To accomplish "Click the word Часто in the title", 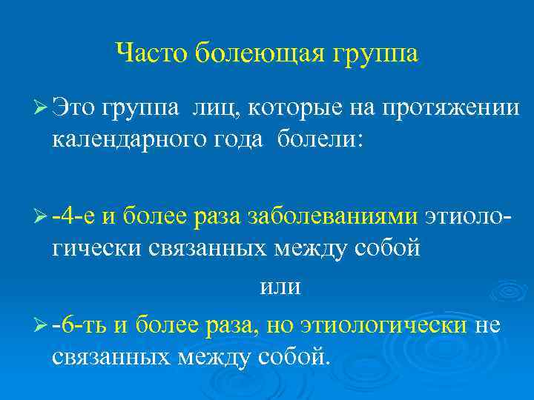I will [x=154, y=53].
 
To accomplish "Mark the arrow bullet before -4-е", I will [x=41, y=216].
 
